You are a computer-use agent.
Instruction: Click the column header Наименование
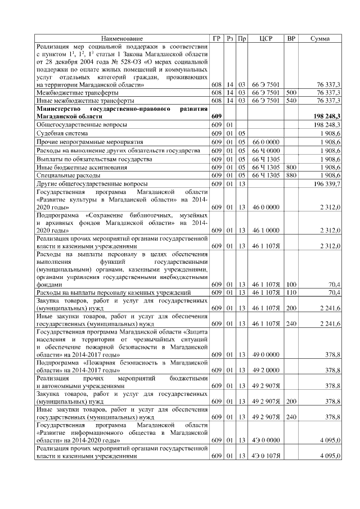[121, 38]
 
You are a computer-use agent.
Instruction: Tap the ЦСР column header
[266, 38]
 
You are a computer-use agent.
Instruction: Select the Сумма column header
[320, 38]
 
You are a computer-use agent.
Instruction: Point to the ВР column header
[291, 38]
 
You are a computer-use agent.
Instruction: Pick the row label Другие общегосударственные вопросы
[92, 184]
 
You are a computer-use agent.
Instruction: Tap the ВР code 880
[291, 175]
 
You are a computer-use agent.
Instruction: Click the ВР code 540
[291, 100]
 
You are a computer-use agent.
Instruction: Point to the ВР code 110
[291, 293]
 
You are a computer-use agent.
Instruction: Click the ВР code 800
[291, 167]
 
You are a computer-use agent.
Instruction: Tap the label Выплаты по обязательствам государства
[94, 159]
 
